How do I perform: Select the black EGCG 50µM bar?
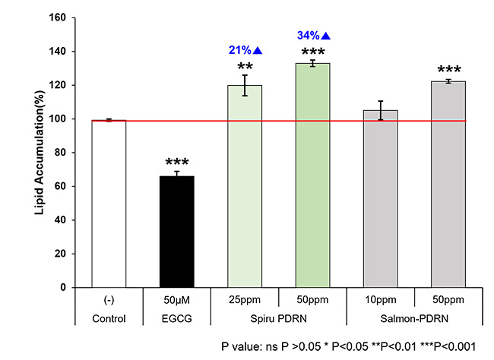point(176,232)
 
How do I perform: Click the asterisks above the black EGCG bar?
point(176,163)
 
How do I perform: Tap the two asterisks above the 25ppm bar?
point(243,67)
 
